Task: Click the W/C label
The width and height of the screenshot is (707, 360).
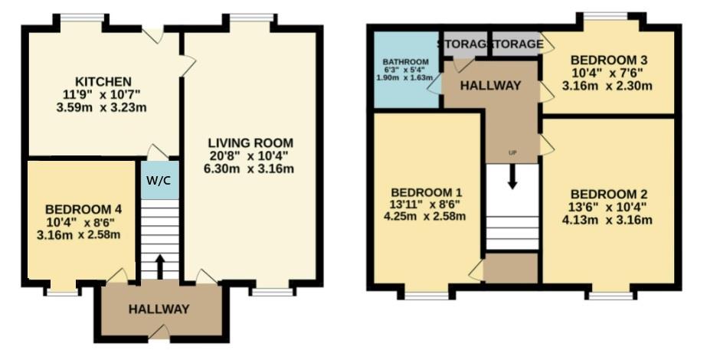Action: (x=159, y=180)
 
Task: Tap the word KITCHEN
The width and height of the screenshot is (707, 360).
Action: (x=103, y=82)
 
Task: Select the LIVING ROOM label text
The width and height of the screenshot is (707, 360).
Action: (x=250, y=143)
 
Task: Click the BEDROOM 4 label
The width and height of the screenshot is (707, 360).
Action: (x=83, y=209)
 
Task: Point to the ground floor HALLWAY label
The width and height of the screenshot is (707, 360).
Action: (x=159, y=309)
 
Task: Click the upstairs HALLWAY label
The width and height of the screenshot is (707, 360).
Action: (x=490, y=85)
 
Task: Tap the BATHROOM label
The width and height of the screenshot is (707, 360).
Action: (x=405, y=62)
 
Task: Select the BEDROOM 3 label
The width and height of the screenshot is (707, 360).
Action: (x=609, y=60)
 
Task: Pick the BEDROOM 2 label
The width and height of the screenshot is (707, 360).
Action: (x=609, y=195)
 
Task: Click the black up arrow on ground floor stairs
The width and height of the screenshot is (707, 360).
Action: (x=159, y=267)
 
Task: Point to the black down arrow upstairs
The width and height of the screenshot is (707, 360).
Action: (x=512, y=177)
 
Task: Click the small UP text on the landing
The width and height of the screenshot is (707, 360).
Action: (x=512, y=153)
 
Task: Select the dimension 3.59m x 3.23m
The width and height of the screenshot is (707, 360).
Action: (x=101, y=108)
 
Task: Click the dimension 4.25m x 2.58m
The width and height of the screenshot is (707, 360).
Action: (x=424, y=217)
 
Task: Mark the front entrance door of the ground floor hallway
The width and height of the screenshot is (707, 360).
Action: (x=159, y=333)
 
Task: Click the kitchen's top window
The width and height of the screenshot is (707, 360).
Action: (x=83, y=18)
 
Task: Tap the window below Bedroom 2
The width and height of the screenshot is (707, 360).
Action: (x=610, y=296)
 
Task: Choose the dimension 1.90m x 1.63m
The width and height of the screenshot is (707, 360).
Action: (x=406, y=77)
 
